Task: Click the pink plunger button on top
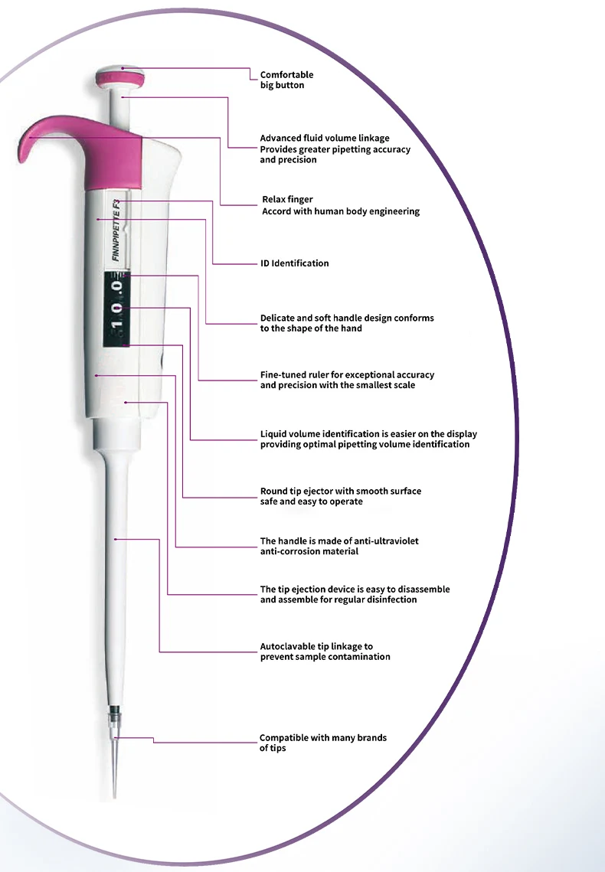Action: click(x=121, y=77)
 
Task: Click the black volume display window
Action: click(x=116, y=306)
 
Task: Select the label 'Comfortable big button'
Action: click(x=286, y=80)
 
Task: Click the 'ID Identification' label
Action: click(x=294, y=263)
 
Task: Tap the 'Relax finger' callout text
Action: click(x=340, y=205)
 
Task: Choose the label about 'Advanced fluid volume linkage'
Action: click(x=335, y=149)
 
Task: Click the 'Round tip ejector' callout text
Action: click(x=340, y=496)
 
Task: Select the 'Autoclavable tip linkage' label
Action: click(x=325, y=652)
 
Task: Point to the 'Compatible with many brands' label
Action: click(x=322, y=743)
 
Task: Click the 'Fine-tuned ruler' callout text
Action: click(x=346, y=380)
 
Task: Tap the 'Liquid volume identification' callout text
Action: click(x=368, y=439)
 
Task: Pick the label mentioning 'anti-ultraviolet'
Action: click(x=338, y=546)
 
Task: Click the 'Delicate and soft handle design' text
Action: click(x=346, y=322)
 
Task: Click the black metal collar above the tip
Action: click(x=116, y=713)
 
